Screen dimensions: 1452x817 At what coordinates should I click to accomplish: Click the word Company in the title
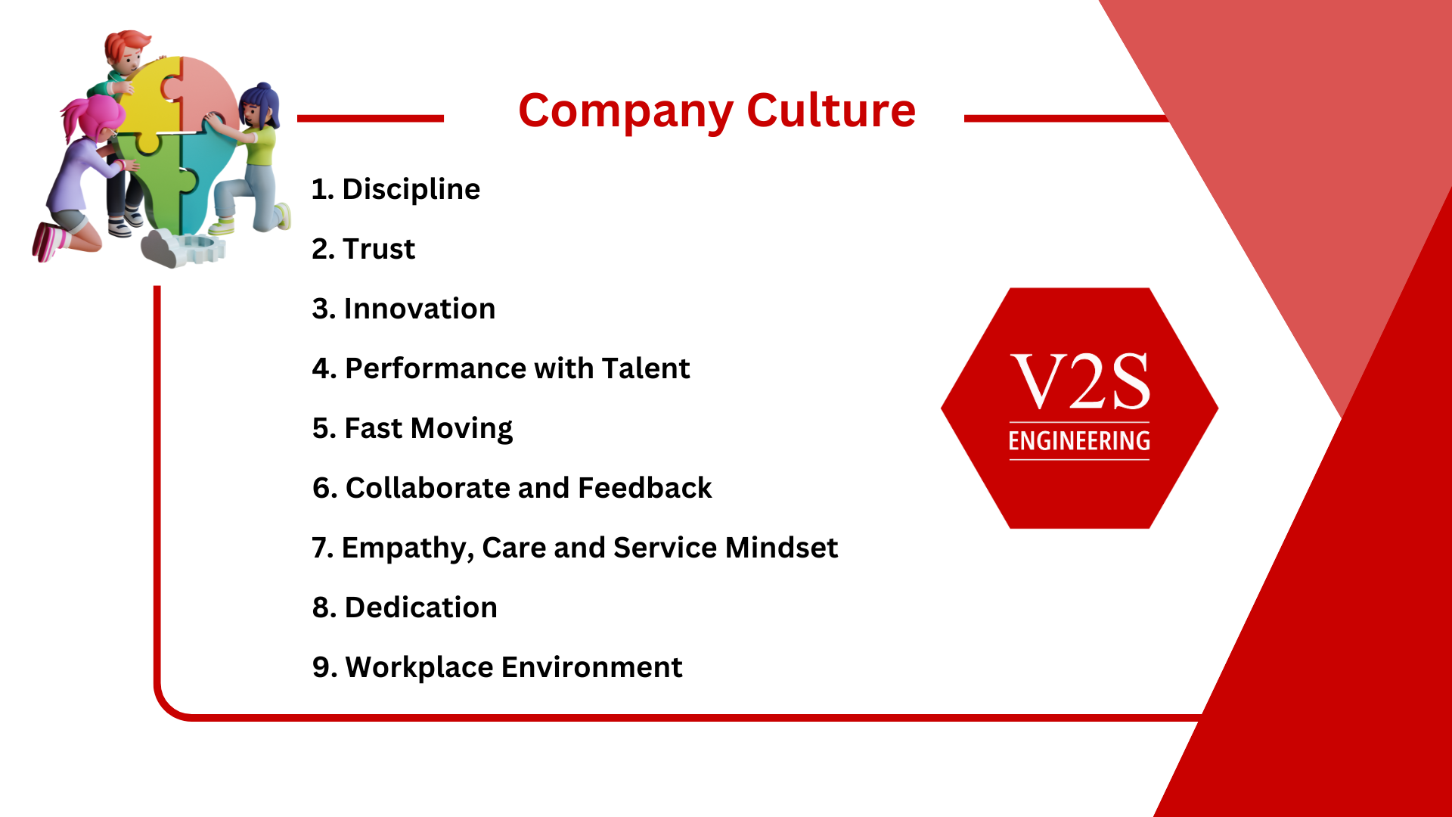(625, 112)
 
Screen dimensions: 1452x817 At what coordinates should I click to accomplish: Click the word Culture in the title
(831, 110)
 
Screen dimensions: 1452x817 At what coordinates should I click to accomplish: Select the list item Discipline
(396, 190)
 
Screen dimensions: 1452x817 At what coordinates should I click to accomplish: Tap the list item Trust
(363, 249)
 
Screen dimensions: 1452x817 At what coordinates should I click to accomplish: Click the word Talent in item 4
(645, 368)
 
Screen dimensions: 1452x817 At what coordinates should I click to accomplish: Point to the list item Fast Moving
(412, 429)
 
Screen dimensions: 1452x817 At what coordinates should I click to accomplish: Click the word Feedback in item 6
(644, 488)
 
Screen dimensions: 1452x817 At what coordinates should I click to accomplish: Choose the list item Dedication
(405, 607)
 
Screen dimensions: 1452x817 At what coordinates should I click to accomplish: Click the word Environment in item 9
(591, 667)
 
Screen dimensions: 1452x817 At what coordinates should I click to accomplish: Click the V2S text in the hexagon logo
(1080, 381)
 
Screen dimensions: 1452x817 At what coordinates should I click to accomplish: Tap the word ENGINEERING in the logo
(1079, 441)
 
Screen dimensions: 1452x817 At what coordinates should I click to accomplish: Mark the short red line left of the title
(371, 118)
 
